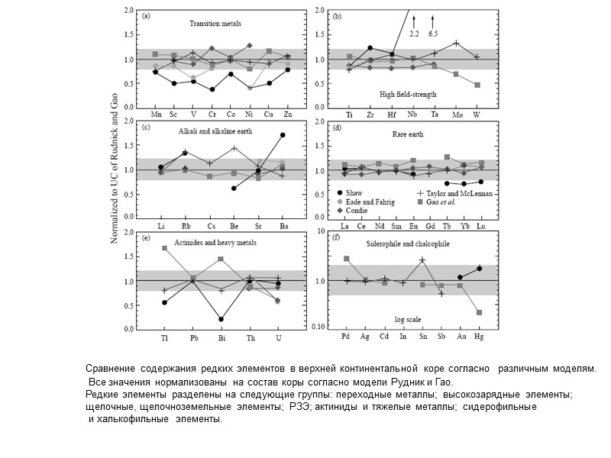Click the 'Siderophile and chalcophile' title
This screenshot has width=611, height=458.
[406, 244]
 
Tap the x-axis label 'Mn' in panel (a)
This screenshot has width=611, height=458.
[156, 115]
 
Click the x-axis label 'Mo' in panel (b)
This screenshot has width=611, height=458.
[456, 115]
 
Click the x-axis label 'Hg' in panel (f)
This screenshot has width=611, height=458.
[479, 337]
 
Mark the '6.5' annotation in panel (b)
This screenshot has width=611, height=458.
[433, 34]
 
